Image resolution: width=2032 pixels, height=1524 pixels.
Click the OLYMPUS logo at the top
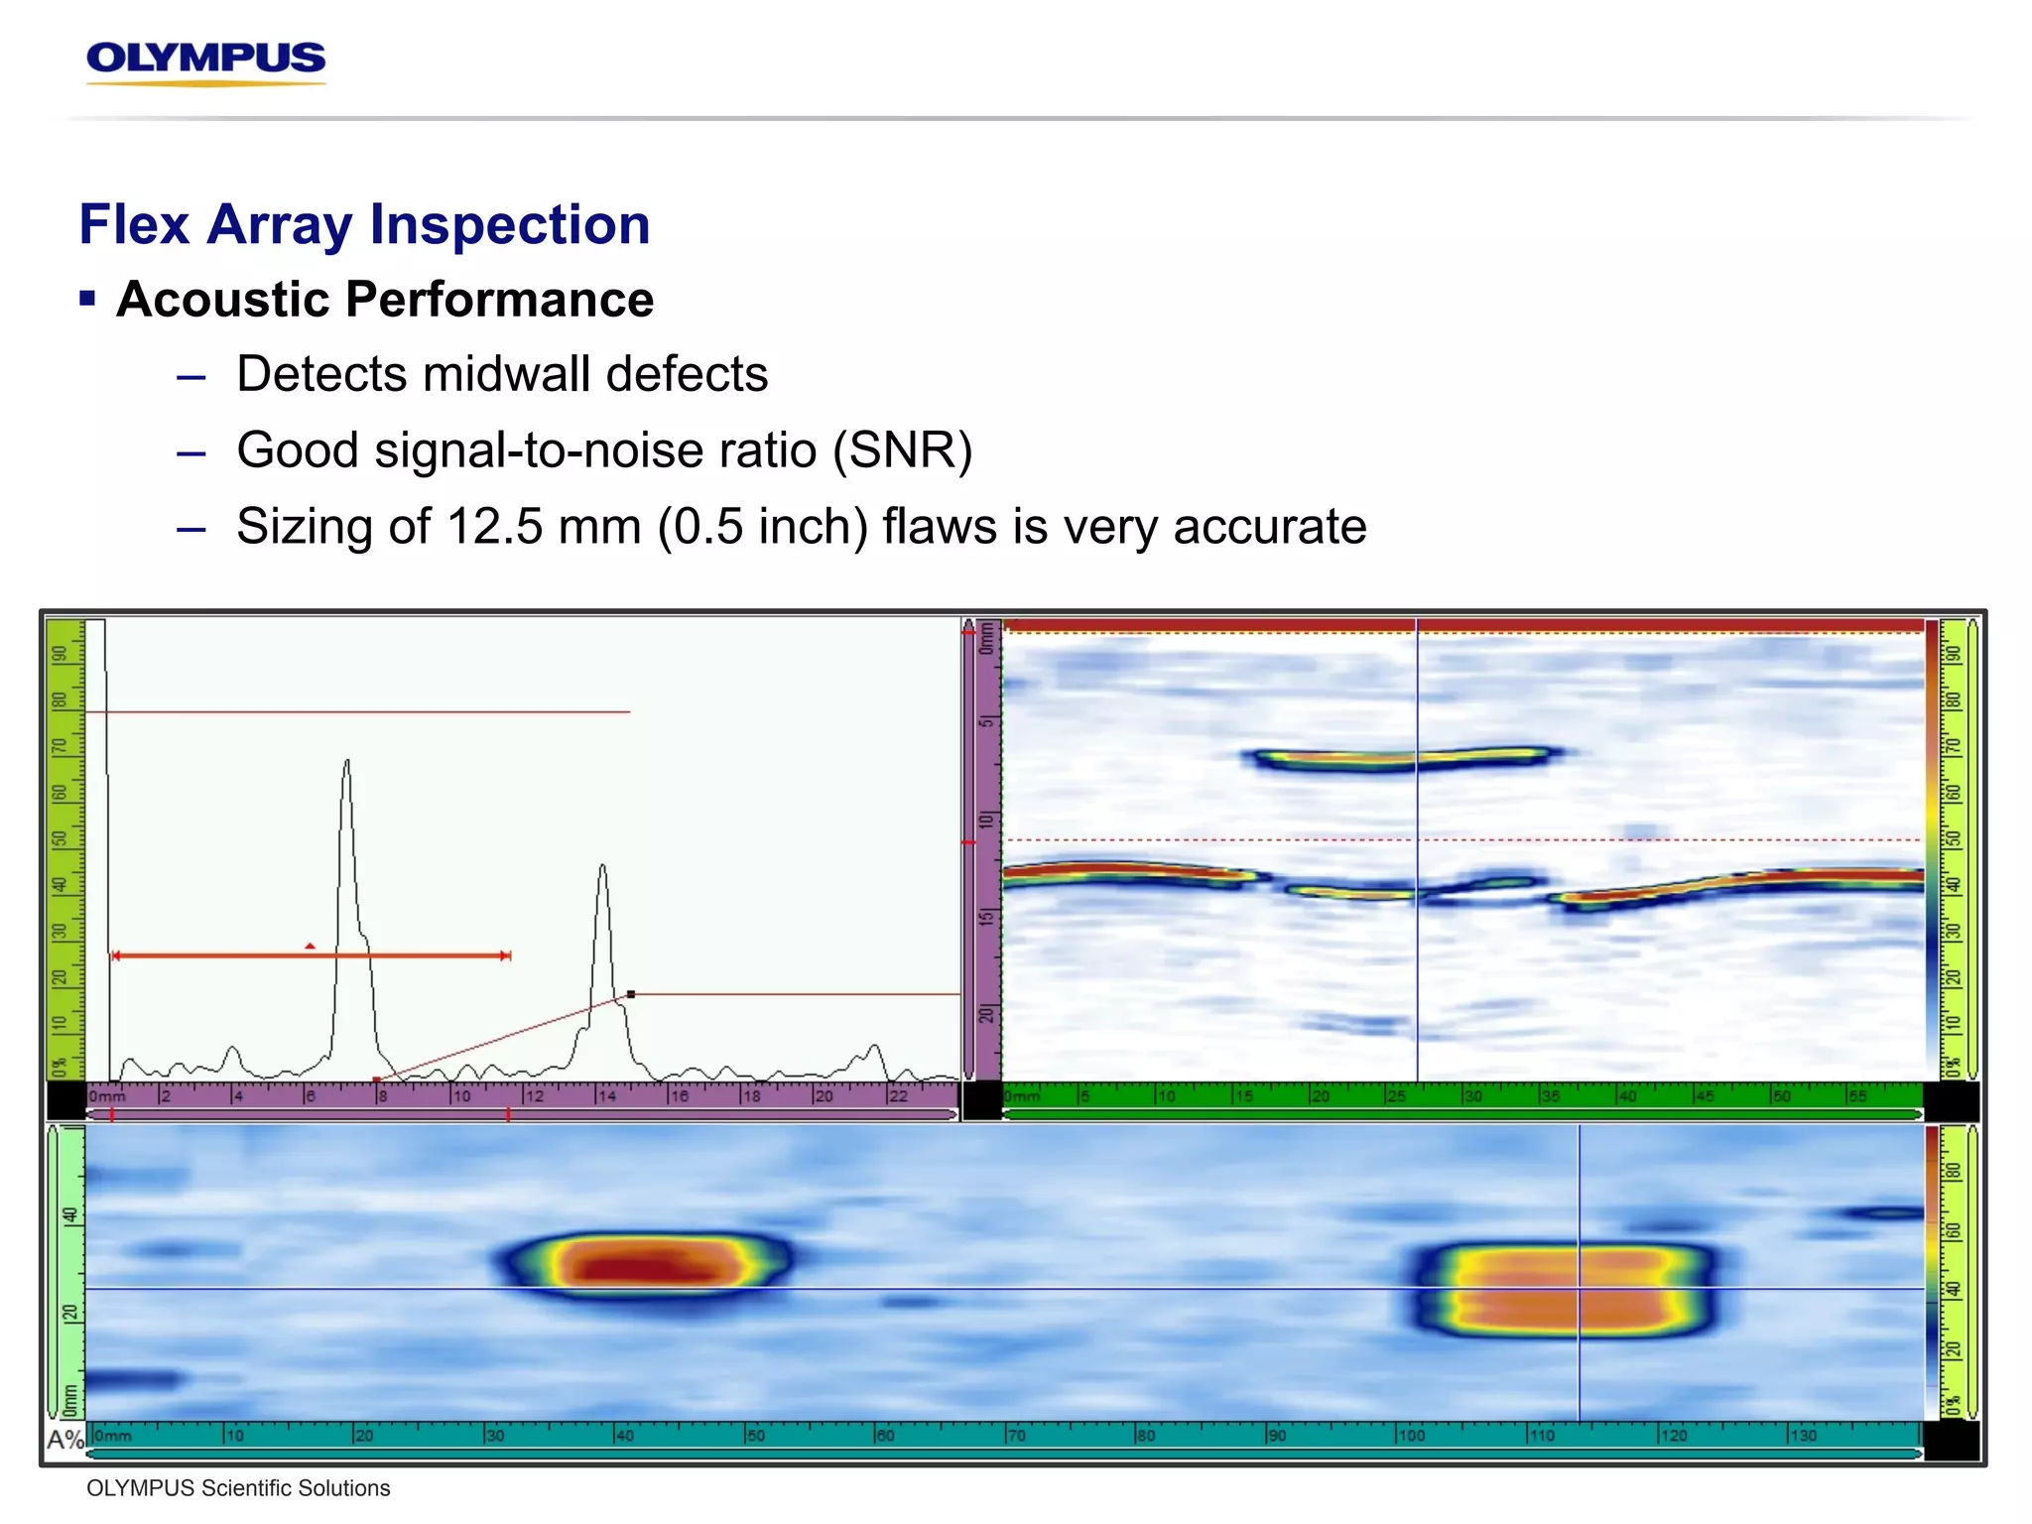pos(205,60)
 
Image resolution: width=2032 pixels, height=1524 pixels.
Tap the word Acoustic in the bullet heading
pos(223,300)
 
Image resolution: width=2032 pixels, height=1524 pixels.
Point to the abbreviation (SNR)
pos(902,450)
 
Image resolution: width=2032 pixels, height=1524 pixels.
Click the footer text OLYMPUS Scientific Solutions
pos(238,1488)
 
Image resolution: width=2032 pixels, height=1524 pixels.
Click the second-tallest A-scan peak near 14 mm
pos(601,869)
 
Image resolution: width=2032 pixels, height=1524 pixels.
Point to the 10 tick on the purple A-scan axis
pos(461,1096)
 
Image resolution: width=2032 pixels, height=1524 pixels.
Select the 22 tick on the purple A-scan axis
pos(897,1096)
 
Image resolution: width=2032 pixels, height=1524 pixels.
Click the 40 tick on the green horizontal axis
pos(1627,1096)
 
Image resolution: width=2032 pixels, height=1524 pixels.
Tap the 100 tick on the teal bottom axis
pos(1410,1436)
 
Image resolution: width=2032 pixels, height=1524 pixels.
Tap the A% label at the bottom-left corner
pos(65,1439)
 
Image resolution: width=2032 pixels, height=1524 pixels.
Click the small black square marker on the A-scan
pos(631,993)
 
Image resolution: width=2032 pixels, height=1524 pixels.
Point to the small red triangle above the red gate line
pos(311,947)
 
